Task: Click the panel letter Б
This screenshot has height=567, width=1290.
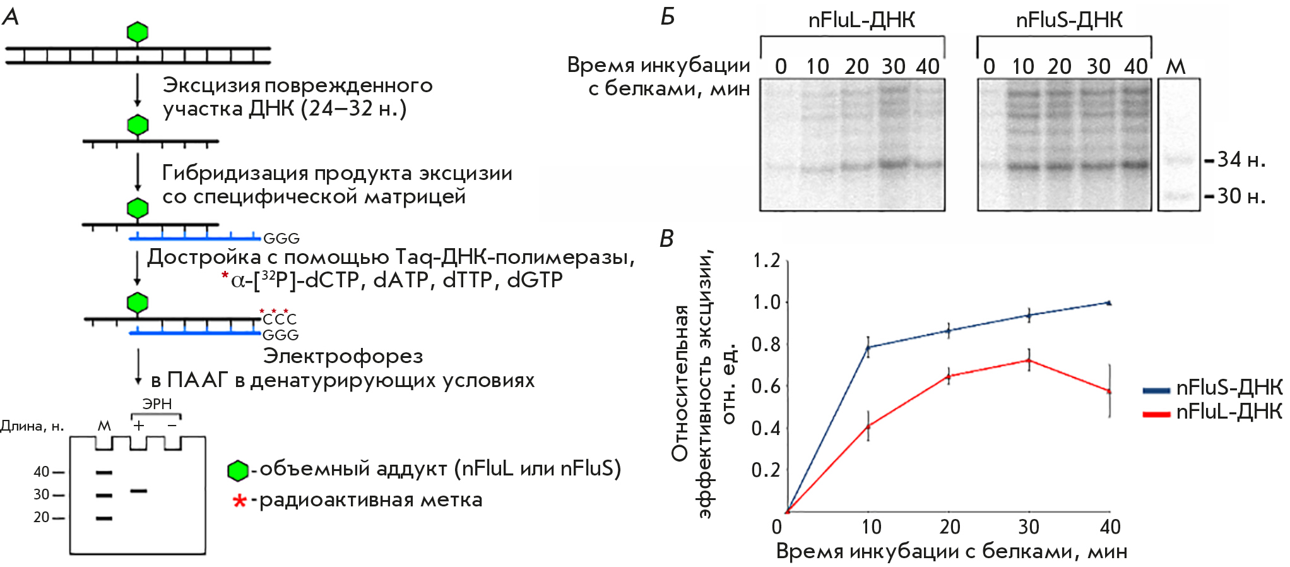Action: pyautogui.click(x=667, y=17)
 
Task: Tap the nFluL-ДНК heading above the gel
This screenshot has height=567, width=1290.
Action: pyautogui.click(x=861, y=21)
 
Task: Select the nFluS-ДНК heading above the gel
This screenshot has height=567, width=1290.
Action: pyautogui.click(x=1069, y=21)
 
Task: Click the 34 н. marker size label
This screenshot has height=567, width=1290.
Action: pyautogui.click(x=1241, y=160)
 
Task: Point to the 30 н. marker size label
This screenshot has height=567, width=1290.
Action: pyautogui.click(x=1241, y=196)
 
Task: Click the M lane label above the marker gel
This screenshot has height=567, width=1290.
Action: pyautogui.click(x=1175, y=66)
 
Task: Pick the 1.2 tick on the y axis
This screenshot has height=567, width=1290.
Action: pyautogui.click(x=766, y=261)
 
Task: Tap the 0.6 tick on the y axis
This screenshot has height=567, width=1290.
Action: pyautogui.click(x=766, y=386)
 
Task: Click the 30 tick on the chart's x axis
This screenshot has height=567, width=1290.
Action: pyautogui.click(x=1029, y=527)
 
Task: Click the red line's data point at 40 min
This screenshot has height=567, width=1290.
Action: pyautogui.click(x=1109, y=391)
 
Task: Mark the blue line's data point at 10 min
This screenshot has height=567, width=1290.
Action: pyautogui.click(x=868, y=347)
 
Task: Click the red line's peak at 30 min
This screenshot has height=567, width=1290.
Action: pyautogui.click(x=1029, y=361)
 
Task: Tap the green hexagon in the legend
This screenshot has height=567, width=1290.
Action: pyautogui.click(x=238, y=470)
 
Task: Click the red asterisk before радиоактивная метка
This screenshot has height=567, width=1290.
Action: pyautogui.click(x=239, y=501)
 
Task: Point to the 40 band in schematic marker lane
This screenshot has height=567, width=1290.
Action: pyautogui.click(x=104, y=472)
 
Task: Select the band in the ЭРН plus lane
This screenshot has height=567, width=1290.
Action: pyautogui.click(x=138, y=491)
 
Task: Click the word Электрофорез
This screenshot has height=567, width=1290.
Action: pyautogui.click(x=343, y=357)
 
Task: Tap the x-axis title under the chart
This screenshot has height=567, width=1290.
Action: pyautogui.click(x=951, y=552)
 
